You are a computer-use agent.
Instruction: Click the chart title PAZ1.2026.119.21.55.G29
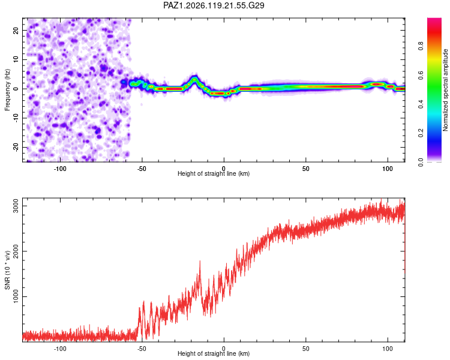point(214,5)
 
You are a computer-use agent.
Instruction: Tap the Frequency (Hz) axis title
point(7,90)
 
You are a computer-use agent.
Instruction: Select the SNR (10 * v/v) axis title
point(7,270)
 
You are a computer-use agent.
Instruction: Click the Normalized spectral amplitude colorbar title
point(445,90)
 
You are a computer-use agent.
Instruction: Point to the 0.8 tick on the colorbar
point(421,46)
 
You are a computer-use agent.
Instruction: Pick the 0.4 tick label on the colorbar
point(421,104)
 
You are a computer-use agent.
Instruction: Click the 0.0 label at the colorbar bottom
point(421,162)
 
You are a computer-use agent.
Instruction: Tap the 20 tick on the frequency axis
point(16,30)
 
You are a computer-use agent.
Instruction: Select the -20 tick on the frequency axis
point(16,147)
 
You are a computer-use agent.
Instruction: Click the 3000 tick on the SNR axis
point(16,206)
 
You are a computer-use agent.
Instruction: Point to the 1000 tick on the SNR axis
point(16,296)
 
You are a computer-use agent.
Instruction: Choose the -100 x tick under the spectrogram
point(59,169)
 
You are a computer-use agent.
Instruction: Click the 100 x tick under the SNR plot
point(388,349)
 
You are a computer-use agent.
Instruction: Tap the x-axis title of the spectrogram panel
point(214,173)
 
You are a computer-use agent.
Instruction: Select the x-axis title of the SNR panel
point(214,353)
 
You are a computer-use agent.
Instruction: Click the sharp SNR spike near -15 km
point(200,261)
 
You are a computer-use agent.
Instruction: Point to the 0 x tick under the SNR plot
point(224,349)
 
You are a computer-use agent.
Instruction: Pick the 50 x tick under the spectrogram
point(305,169)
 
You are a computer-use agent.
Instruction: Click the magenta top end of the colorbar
point(434,20)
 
